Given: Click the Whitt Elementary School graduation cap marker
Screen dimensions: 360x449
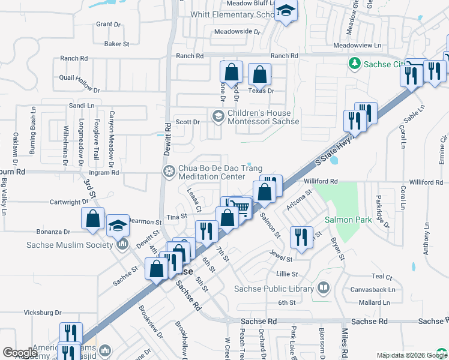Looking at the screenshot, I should tap(286, 11).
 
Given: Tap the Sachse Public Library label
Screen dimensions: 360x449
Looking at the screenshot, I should tap(274, 289).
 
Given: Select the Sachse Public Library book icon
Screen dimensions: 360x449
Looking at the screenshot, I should tap(324, 289).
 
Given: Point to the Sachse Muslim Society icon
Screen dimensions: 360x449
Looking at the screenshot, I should tap(123, 245).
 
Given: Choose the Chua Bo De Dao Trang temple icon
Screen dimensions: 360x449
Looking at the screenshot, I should tap(169, 172).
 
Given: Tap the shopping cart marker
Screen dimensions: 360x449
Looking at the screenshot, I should tap(241, 208).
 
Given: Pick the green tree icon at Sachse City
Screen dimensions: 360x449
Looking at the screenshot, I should tap(355, 64).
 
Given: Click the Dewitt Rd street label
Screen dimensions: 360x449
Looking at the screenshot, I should tap(168, 137).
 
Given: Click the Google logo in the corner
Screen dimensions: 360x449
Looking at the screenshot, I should tap(20, 353).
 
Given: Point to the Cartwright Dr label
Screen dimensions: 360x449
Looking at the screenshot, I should tap(69, 203).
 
